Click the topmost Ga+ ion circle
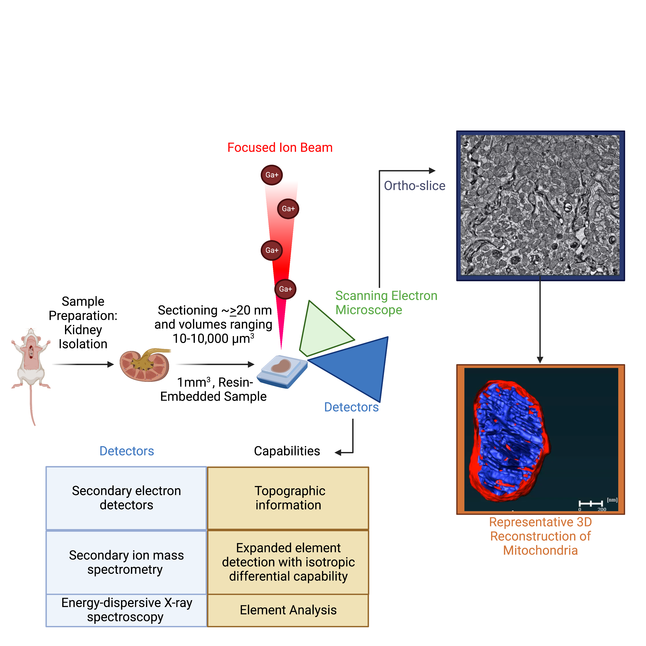[x=272, y=175]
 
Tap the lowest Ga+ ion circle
[x=285, y=289]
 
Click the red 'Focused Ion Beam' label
[x=280, y=148]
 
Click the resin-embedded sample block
[x=282, y=370]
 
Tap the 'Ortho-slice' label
[x=414, y=186]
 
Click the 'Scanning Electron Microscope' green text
[x=386, y=303]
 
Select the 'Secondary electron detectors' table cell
[x=126, y=498]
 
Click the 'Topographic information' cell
[x=288, y=498]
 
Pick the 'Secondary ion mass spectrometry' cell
[x=126, y=562]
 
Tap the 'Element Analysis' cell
[x=288, y=610]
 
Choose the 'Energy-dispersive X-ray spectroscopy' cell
[x=126, y=610]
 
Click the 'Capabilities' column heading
[x=287, y=451]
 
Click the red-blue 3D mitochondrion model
[x=508, y=441]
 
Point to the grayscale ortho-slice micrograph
[x=540, y=205]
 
